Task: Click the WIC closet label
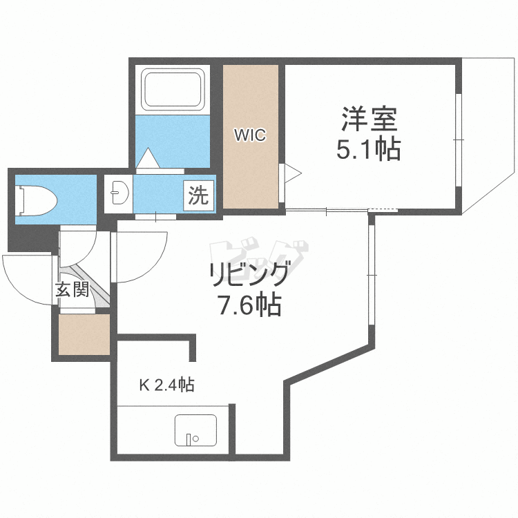(249, 135)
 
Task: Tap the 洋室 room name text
(369, 119)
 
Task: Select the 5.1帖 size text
(369, 149)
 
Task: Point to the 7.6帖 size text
(249, 304)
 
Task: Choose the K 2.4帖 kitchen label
(166, 385)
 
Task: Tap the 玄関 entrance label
(73, 289)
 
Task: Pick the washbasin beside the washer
(119, 193)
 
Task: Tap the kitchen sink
(195, 431)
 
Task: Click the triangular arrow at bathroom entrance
(148, 160)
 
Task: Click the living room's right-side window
(372, 275)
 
